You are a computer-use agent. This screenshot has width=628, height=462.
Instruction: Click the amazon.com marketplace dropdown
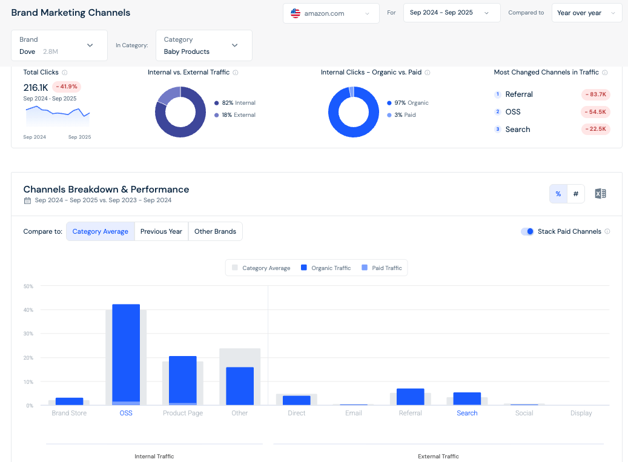pyautogui.click(x=331, y=13)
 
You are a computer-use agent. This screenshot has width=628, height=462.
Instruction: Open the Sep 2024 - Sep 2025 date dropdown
pyautogui.click(x=451, y=13)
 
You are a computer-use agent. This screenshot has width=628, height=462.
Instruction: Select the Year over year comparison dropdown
pyautogui.click(x=586, y=13)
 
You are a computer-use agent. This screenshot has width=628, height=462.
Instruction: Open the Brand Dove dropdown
pyautogui.click(x=59, y=45)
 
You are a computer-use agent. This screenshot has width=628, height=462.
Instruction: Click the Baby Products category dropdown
pyautogui.click(x=203, y=45)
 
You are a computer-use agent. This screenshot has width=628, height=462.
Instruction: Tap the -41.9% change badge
pyautogui.click(x=66, y=87)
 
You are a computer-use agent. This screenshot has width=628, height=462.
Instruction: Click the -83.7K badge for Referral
pyautogui.click(x=595, y=94)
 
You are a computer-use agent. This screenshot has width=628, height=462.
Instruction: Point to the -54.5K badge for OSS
pyautogui.click(x=595, y=112)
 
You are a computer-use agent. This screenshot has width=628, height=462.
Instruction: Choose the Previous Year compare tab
pyautogui.click(x=161, y=231)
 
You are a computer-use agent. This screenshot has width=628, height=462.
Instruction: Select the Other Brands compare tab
pyautogui.click(x=216, y=231)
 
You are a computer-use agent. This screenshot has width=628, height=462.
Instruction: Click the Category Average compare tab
pyautogui.click(x=101, y=231)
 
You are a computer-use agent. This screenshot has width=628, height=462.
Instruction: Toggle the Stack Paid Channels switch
pyautogui.click(x=527, y=231)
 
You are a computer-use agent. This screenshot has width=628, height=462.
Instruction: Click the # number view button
pyautogui.click(x=575, y=194)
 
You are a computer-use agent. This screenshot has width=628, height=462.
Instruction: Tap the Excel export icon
pyautogui.click(x=600, y=194)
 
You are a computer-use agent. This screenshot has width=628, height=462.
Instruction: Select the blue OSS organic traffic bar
pyautogui.click(x=126, y=351)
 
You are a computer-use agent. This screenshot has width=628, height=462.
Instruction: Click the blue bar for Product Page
pyautogui.click(x=182, y=378)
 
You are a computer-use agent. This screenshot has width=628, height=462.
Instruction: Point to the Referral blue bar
pyautogui.click(x=410, y=397)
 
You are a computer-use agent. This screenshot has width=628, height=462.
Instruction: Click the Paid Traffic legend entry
pyautogui.click(x=382, y=268)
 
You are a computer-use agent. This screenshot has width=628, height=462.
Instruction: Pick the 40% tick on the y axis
pyautogui.click(x=28, y=310)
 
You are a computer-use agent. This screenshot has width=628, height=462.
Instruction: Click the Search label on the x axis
pyautogui.click(x=467, y=413)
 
